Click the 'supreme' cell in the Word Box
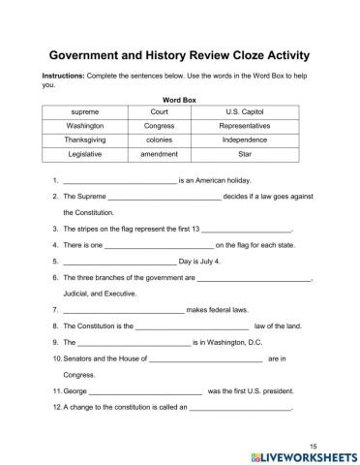click(x=85, y=112)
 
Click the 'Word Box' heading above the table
click(x=179, y=99)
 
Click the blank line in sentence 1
click(x=119, y=181)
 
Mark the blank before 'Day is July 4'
click(x=119, y=262)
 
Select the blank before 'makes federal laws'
click(x=123, y=310)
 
